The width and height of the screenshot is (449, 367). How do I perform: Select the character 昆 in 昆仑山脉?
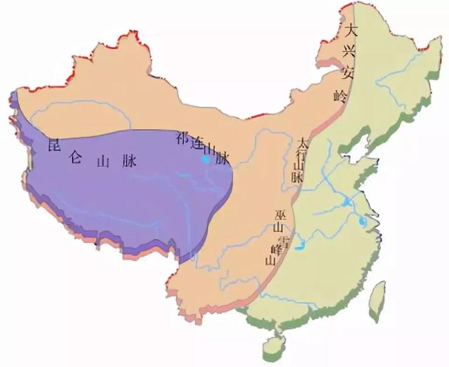(51, 146)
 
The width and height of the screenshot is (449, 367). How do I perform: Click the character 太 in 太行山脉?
(302, 142)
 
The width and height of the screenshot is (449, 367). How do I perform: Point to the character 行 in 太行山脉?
(302, 154)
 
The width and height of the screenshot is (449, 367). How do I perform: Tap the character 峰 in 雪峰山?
(274, 249)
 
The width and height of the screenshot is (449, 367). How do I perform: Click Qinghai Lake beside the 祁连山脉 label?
(206, 160)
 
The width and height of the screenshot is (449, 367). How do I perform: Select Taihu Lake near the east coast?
(362, 222)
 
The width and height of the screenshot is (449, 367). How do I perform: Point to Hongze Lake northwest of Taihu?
(347, 202)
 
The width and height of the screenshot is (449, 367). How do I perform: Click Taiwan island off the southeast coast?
(377, 294)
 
